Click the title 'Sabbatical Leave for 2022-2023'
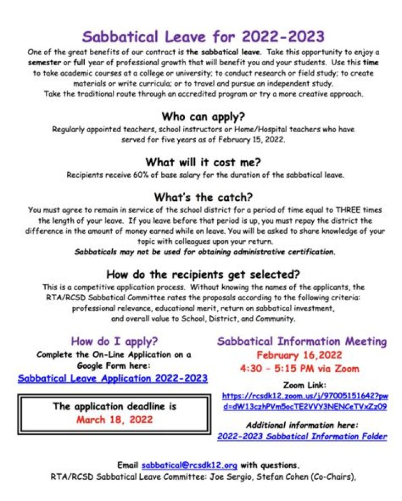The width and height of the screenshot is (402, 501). pos(203,37)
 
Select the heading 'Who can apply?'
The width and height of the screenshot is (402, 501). pos(203,117)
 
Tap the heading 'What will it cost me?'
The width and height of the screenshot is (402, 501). pos(203,162)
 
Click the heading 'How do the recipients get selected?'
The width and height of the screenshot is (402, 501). pos(203,274)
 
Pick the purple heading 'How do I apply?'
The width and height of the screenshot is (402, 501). pos(113,341)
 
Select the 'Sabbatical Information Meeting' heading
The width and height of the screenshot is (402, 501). pos(301,341)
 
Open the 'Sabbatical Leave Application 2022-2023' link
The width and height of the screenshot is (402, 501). pos(113,378)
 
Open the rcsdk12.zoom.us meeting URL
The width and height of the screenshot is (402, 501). pos(304,401)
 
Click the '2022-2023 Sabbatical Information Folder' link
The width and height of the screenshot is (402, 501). pos(301,436)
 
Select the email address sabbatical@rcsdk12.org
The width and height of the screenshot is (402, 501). pos(190,465)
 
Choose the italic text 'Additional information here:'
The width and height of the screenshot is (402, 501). pos(301,425)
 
